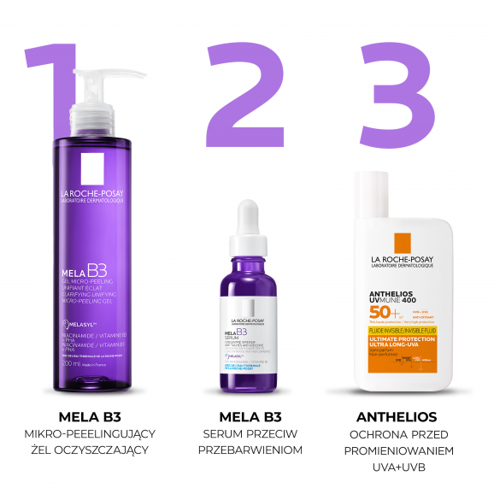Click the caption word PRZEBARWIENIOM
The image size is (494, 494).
(247, 450)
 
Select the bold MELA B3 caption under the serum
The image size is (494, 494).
(247, 417)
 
